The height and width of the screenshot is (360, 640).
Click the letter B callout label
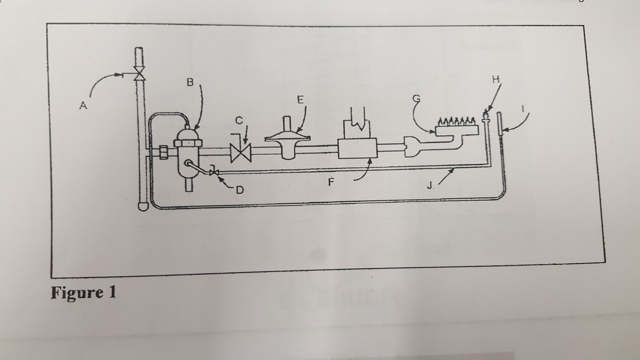pos(190,83)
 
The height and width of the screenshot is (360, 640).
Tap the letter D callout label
pos(239,190)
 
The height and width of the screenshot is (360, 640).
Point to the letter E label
pos(300,100)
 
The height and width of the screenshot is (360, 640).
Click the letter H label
pos(495,79)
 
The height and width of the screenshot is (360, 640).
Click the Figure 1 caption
pos(83,292)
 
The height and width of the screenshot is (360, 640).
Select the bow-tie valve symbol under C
pos(240,154)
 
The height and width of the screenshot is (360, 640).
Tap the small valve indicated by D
pos(214,172)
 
